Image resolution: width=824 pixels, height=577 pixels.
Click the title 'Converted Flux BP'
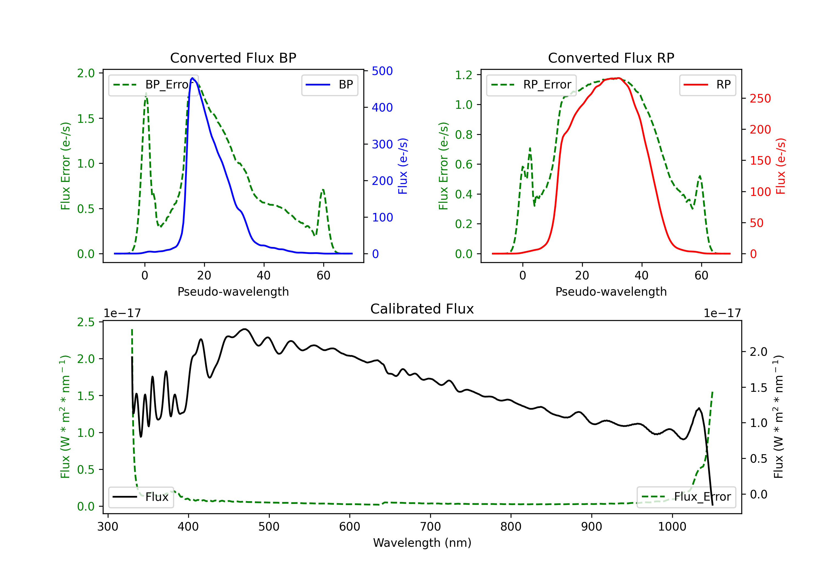point(233,58)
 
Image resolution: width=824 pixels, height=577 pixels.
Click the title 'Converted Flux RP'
point(611,58)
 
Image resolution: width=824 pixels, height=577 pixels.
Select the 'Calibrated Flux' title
point(422,309)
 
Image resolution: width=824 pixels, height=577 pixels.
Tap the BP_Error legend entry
point(153,85)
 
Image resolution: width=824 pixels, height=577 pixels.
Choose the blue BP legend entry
point(329,85)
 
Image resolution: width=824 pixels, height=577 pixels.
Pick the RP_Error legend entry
point(531,85)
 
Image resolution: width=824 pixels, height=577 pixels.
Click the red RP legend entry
point(707,85)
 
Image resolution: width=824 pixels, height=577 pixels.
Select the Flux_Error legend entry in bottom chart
point(686,497)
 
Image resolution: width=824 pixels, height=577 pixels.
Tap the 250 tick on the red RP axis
point(760,98)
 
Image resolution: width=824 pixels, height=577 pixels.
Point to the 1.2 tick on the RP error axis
point(464,75)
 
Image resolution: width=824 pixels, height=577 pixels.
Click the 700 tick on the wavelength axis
point(430,527)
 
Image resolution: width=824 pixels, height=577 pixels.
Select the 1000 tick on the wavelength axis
point(672,527)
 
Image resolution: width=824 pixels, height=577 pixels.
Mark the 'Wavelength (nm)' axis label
point(422,543)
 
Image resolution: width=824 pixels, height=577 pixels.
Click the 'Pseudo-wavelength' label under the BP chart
point(233,292)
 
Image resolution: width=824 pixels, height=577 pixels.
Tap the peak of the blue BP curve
point(192,78)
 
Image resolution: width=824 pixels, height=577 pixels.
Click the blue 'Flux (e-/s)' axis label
point(403,166)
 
